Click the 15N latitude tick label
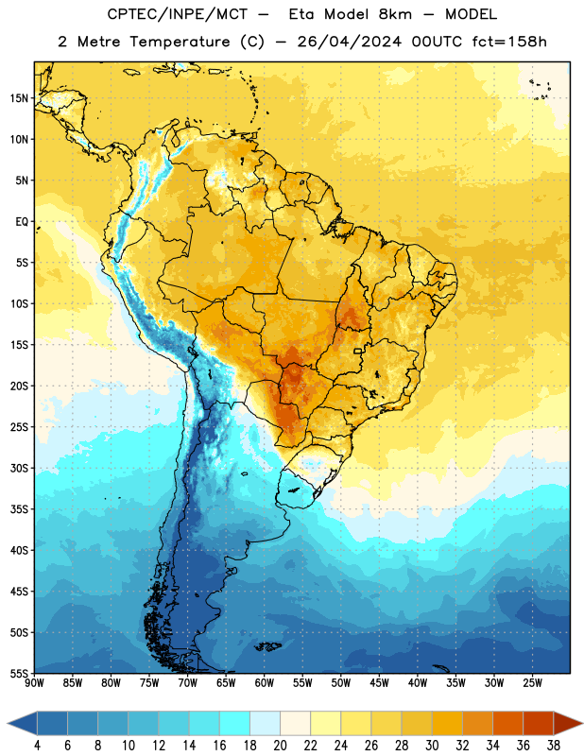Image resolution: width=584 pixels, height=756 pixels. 19,98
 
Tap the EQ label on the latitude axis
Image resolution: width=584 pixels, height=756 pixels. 22,222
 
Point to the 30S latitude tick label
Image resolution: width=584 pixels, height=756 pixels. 19,468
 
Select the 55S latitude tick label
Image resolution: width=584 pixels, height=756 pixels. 19,673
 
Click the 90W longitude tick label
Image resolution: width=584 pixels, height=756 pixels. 34,683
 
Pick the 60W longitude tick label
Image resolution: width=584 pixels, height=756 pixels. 265,683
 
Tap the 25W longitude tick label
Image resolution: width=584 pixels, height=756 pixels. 532,683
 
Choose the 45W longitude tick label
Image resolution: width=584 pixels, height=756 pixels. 379,683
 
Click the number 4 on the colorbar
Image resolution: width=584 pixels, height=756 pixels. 37,746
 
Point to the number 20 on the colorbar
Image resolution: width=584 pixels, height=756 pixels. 280,746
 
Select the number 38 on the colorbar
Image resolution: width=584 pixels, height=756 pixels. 554,746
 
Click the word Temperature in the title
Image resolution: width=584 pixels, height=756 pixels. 180,42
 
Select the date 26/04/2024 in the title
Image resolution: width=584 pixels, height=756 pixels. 349,42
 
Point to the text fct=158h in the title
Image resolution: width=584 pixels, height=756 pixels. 509,42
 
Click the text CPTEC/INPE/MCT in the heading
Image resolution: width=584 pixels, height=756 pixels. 177,14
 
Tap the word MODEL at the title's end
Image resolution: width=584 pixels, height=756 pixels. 471,14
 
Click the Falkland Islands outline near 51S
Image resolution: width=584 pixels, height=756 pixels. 267,646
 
